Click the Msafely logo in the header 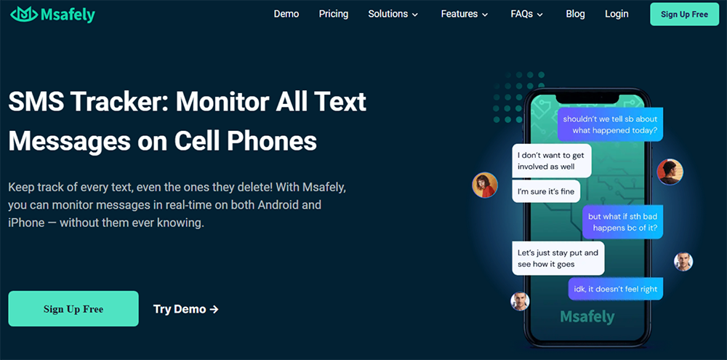coord(52,15)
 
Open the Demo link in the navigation coord(286,14)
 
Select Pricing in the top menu coord(334,14)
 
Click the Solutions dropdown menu coord(393,14)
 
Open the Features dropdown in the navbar coord(465,14)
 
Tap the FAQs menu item coord(526,14)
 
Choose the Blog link coord(575,14)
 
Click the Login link coord(616,14)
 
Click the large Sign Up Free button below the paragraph coord(73,308)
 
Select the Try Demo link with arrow coord(186,309)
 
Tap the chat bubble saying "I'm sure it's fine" coord(546,191)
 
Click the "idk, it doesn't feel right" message coord(616,289)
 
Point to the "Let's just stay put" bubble coord(558,258)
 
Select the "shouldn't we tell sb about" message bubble coord(610,124)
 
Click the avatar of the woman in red coord(485,185)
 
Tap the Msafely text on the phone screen coord(587,317)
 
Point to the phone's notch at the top coord(587,97)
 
